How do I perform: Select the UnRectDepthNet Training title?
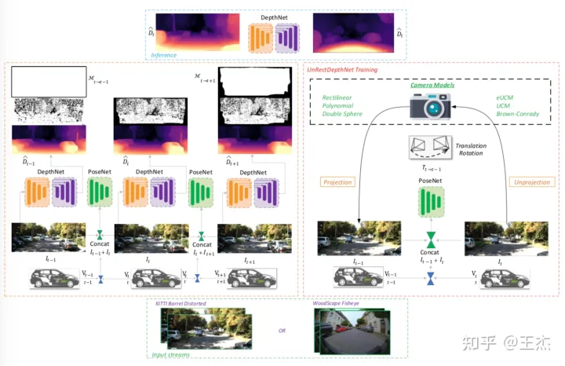point(342,70)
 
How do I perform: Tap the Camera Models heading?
point(428,85)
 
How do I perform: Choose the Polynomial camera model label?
point(337,104)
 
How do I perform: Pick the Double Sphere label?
point(340,114)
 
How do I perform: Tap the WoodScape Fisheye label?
point(341,303)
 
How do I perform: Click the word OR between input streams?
point(282,330)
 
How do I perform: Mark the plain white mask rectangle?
point(48,81)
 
